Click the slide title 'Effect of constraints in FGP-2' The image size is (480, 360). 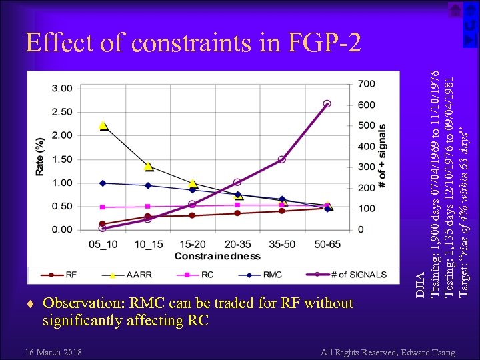tap(193, 43)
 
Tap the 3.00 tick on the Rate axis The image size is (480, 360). tap(62, 88)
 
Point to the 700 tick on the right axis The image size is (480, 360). tap(367, 84)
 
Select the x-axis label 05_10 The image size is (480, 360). tap(103, 245)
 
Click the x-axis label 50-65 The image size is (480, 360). tap(327, 245)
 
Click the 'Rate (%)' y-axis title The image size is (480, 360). tap(40, 157)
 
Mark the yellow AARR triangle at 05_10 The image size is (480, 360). tap(103, 125)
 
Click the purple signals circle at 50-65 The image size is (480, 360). tap(327, 104)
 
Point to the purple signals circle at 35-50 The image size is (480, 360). tap(282, 159)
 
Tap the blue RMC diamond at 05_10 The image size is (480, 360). tap(103, 183)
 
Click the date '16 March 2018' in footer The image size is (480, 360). tap(53, 352)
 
